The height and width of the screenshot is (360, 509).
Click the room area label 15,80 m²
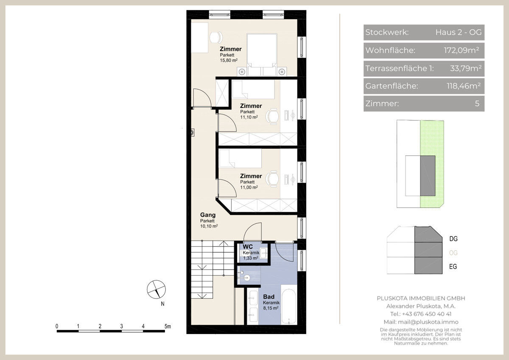pyautogui.click(x=229, y=60)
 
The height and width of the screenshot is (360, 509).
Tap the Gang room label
pyautogui.click(x=208, y=215)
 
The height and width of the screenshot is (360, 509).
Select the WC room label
pyautogui.click(x=247, y=247)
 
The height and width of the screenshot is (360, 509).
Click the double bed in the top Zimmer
pyautogui.click(x=262, y=55)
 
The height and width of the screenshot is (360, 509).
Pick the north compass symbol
pyautogui.click(x=157, y=289)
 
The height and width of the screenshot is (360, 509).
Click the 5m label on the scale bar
pyautogui.click(x=168, y=326)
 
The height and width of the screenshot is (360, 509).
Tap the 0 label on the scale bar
pyautogui.click(x=57, y=326)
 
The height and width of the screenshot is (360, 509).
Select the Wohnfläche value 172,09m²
pyautogui.click(x=461, y=50)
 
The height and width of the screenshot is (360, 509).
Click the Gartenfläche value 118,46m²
pyautogui.click(x=464, y=86)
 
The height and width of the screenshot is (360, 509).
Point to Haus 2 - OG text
pyautogui.click(x=459, y=32)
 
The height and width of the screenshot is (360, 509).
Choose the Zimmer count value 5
pyautogui.click(x=477, y=104)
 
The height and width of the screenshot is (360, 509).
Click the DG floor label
pyautogui.click(x=453, y=239)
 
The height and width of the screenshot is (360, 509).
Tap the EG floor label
pyautogui.click(x=453, y=266)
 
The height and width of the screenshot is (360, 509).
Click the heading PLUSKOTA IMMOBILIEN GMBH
pyautogui.click(x=421, y=298)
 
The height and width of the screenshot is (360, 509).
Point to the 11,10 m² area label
pyautogui.click(x=249, y=117)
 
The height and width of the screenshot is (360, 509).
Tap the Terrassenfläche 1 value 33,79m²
pyautogui.click(x=466, y=68)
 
